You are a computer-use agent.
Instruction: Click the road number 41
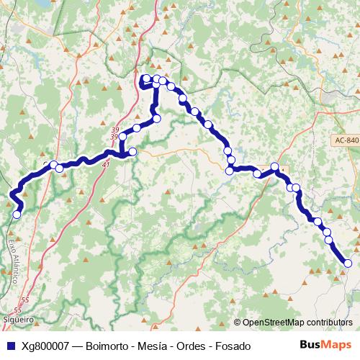click(x=106, y=165)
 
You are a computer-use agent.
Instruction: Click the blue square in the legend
click(x=12, y=346)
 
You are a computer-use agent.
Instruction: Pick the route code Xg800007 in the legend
click(x=46, y=346)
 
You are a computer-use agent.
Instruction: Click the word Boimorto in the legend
click(x=109, y=346)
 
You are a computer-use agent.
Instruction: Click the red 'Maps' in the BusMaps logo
click(x=336, y=346)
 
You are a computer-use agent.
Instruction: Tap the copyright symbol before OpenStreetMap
click(x=238, y=322)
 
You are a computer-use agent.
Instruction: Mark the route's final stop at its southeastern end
click(x=348, y=264)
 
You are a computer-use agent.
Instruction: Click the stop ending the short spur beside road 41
click(x=132, y=152)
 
